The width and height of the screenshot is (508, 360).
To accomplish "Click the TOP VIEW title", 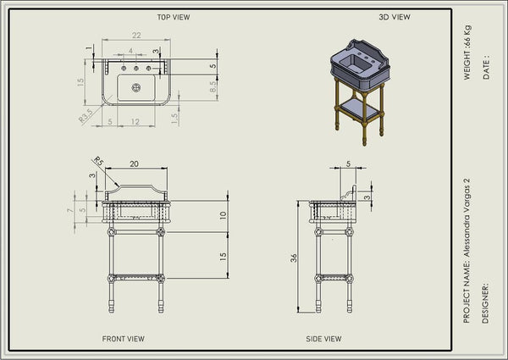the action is (x=174, y=17).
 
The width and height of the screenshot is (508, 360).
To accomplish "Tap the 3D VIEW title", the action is (x=395, y=17).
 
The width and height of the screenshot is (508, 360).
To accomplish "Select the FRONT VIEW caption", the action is (x=123, y=339).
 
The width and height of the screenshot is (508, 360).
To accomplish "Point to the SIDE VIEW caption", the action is (x=323, y=339).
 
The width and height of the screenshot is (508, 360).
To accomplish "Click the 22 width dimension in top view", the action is (x=136, y=35).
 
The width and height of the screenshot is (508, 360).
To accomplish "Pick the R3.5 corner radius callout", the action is (x=86, y=116).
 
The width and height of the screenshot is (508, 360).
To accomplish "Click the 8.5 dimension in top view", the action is (x=213, y=86).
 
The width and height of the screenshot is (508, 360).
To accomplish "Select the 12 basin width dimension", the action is (x=135, y=121).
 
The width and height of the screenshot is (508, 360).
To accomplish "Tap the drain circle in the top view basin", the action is (x=136, y=87).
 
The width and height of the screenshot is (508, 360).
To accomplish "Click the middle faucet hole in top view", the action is (x=136, y=69).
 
